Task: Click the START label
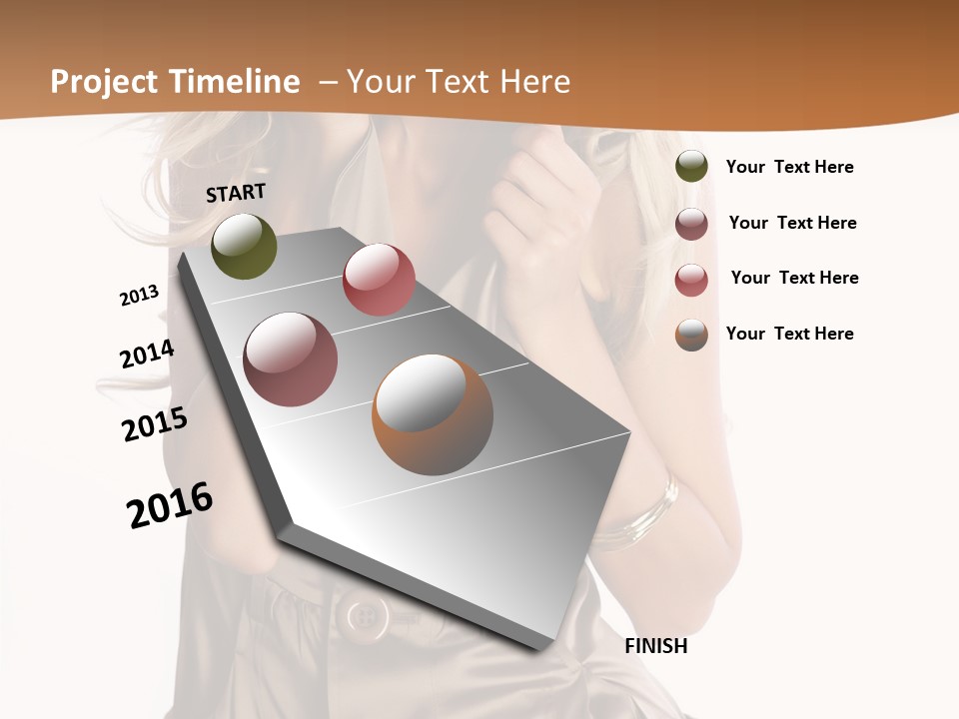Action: click(236, 193)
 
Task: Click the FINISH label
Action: click(655, 646)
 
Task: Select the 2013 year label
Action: click(139, 296)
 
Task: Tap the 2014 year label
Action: click(147, 354)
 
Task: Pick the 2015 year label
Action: click(155, 424)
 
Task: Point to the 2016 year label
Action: click(170, 504)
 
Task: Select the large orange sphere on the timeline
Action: click(433, 414)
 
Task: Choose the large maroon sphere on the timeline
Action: click(291, 359)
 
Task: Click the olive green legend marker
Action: click(691, 166)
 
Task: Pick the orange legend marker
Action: click(691, 335)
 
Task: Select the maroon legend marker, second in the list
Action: click(691, 224)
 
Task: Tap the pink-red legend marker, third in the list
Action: click(691, 280)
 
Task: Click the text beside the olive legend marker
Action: click(789, 167)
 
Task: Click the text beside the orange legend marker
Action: click(789, 334)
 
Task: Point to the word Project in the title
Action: click(105, 82)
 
